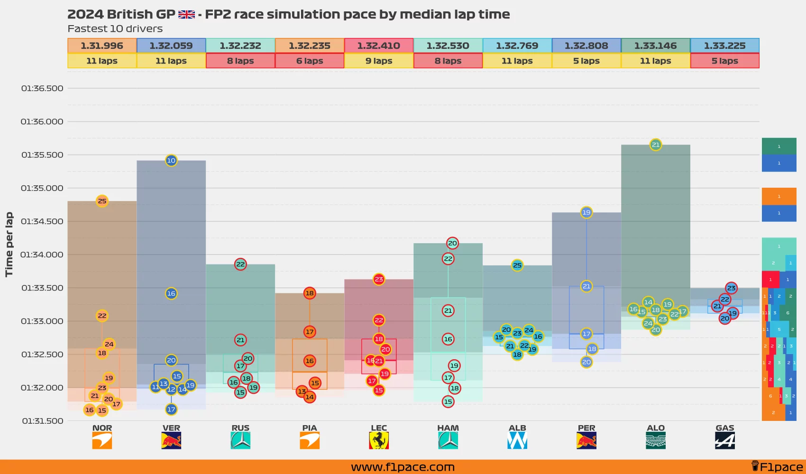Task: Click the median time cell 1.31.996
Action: pyautogui.click(x=102, y=46)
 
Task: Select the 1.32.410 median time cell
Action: pyautogui.click(x=379, y=46)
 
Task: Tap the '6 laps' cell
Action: pyautogui.click(x=310, y=61)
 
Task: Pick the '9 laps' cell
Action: pyautogui.click(x=379, y=61)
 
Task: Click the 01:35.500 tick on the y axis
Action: pyautogui.click(x=42, y=155)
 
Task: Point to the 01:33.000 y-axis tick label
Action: pyautogui.click(x=42, y=321)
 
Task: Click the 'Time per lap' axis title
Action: pyautogui.click(x=9, y=244)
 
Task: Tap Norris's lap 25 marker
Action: pyautogui.click(x=102, y=201)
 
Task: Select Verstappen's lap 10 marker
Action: pyautogui.click(x=171, y=160)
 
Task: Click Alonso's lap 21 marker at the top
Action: pyautogui.click(x=656, y=145)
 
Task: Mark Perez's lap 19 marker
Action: pyautogui.click(x=586, y=212)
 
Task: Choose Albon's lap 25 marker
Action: pyautogui.click(x=517, y=265)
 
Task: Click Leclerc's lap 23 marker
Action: pyautogui.click(x=379, y=279)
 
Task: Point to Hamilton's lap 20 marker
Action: pyautogui.click(x=452, y=243)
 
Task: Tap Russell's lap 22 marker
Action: pyautogui.click(x=240, y=264)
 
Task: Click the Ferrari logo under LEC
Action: pyautogui.click(x=379, y=441)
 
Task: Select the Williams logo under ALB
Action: pyautogui.click(x=517, y=441)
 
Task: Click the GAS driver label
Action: pyautogui.click(x=725, y=428)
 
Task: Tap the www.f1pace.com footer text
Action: pyautogui.click(x=403, y=467)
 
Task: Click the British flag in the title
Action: pyautogui.click(x=186, y=15)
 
